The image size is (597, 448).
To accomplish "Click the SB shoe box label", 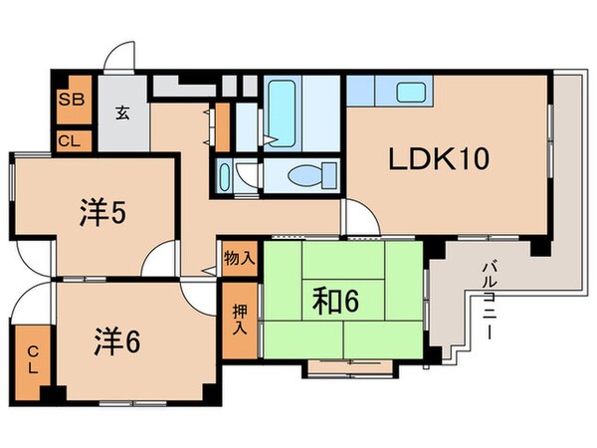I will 70,100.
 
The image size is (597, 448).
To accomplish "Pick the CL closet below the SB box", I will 70,141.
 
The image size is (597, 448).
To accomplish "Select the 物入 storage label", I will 239,258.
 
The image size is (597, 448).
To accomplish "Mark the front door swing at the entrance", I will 120,58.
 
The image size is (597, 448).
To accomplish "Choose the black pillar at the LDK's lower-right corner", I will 539,246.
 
